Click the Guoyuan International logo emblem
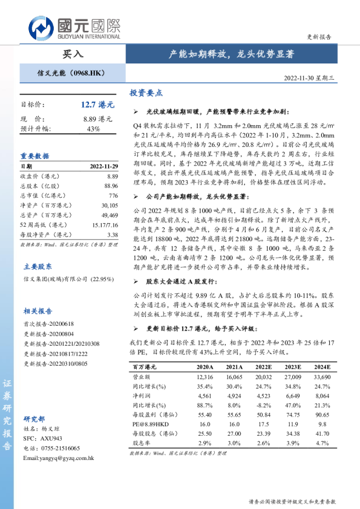[x=41, y=28]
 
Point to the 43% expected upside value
[x=93, y=129]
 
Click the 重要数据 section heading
[x=35, y=155]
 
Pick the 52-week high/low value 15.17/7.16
[x=105, y=225]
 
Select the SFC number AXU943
[x=51, y=438]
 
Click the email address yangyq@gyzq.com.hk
[x=59, y=458]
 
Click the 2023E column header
[x=293, y=367]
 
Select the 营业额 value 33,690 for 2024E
[x=322, y=377]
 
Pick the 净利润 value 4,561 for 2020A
[x=205, y=396]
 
